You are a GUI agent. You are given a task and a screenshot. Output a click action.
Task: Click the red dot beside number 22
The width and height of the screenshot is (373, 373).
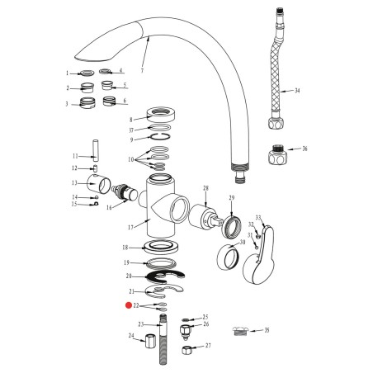tap(128, 305)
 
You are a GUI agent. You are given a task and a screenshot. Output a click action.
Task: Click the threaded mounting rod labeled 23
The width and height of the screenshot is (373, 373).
tap(163, 338)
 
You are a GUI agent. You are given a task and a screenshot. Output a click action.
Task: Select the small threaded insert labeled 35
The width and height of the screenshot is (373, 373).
tap(242, 331)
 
